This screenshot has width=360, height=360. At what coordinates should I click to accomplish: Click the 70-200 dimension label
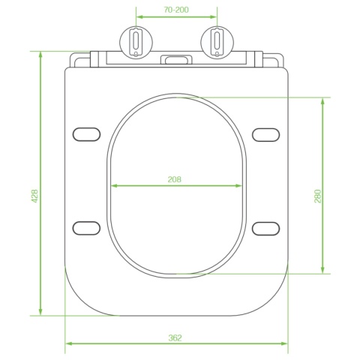pos(176,10)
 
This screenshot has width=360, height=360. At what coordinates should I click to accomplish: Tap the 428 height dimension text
pos(34,196)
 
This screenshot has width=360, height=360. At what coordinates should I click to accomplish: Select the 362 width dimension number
pos(175,338)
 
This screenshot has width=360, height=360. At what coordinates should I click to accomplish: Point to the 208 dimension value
pos(175,179)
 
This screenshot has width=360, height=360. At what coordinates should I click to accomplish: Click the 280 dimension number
pos(317,196)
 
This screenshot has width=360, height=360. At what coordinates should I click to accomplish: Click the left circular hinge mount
pos(136,43)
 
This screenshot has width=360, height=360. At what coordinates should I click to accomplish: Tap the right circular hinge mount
pos(217,43)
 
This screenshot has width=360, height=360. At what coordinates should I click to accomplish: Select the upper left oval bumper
pos(86,134)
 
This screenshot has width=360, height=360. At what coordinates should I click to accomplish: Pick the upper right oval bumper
pos(265,135)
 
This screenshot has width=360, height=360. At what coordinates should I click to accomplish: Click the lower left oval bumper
pos(86,228)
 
